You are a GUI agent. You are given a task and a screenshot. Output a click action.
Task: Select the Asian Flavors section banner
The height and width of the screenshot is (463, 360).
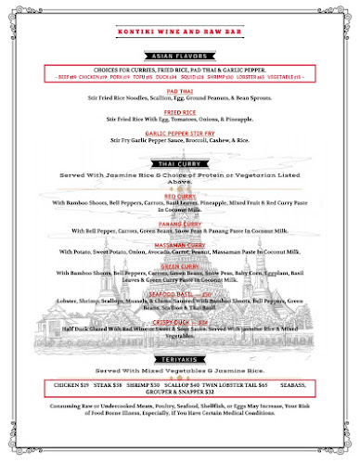tap(180, 55)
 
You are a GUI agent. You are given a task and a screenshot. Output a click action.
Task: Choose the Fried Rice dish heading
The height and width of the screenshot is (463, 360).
tap(180, 111)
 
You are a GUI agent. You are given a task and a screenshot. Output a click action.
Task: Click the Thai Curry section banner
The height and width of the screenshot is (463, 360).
tap(180, 163)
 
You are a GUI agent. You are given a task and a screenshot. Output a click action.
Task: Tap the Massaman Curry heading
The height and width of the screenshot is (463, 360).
tap(180, 244)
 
